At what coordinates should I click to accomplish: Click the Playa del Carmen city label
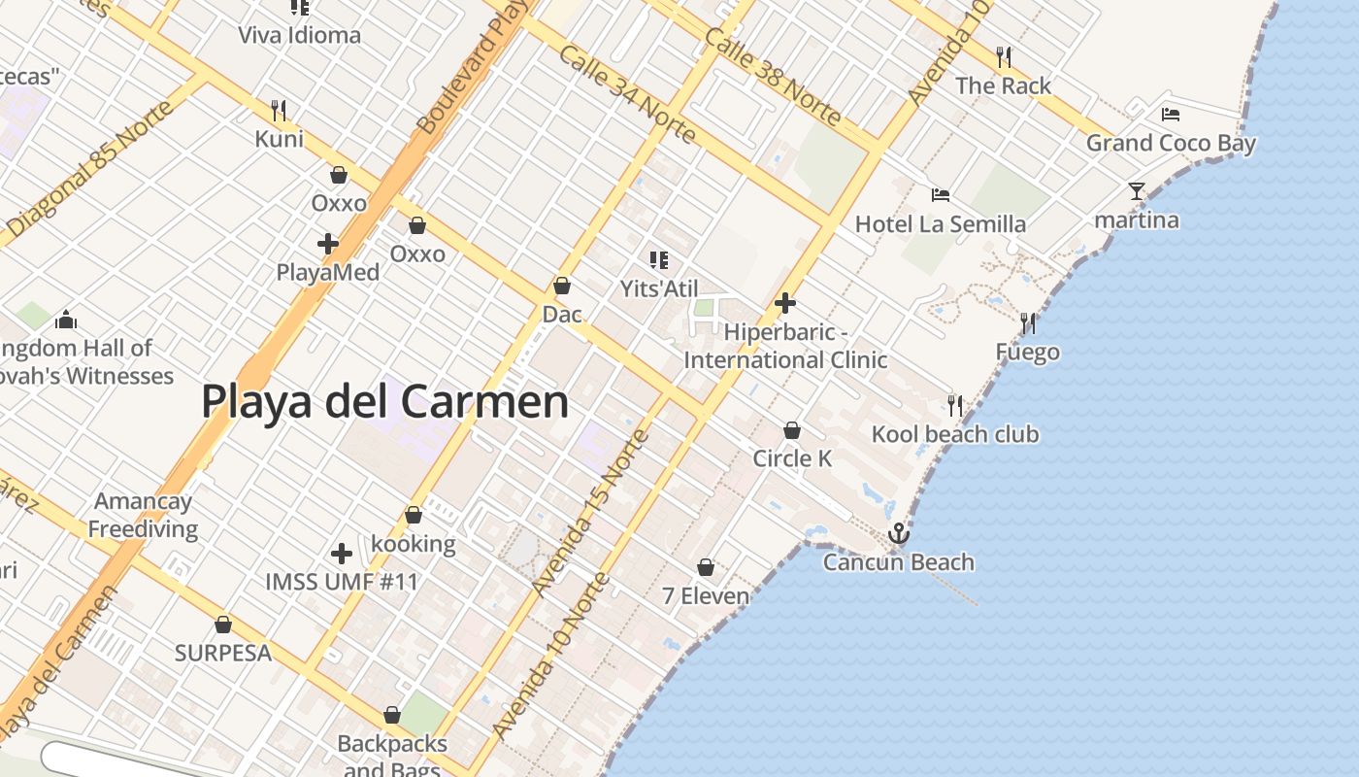click(384, 402)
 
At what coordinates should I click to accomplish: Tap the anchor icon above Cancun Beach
click(899, 533)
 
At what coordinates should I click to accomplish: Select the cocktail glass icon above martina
click(1137, 190)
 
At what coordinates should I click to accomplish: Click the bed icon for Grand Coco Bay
click(1171, 114)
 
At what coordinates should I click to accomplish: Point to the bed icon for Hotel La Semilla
click(940, 195)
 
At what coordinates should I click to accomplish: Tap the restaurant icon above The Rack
click(1004, 56)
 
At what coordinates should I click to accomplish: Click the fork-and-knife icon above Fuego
click(1027, 322)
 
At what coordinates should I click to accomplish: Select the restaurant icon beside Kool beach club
click(955, 405)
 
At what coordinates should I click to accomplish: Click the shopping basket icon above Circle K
click(792, 430)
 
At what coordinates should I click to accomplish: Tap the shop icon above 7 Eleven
click(706, 567)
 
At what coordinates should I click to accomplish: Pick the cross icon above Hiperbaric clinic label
click(785, 303)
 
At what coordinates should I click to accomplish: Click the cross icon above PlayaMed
click(328, 243)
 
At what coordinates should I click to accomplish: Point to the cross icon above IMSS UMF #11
click(342, 554)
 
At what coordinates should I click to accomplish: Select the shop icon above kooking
click(414, 515)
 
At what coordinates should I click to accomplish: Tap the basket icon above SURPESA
click(223, 625)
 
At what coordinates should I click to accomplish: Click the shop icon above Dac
click(561, 286)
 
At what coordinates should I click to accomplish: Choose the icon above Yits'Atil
click(659, 259)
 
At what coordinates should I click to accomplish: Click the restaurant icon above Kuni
click(279, 110)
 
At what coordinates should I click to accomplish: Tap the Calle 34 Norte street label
click(627, 93)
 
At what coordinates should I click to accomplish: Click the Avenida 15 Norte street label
click(590, 512)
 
